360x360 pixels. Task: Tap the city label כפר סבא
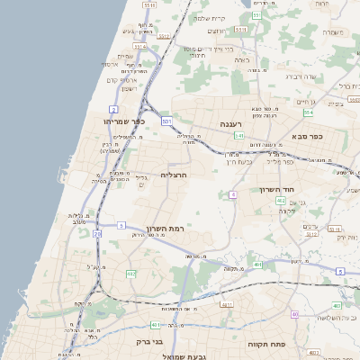[307, 137]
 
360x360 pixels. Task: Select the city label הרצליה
[173, 174]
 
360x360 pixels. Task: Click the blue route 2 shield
[115, 108]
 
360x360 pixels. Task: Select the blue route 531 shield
[166, 119]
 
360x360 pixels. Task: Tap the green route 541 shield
[238, 136]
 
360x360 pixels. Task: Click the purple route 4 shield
[232, 194]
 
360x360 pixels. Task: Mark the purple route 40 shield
[294, 314]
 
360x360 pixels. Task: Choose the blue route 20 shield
[97, 234]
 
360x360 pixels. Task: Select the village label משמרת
[333, 31]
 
